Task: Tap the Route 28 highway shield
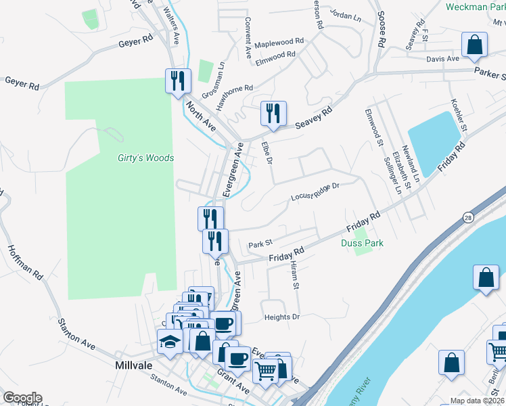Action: point(468,217)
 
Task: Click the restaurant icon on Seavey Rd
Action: point(274,114)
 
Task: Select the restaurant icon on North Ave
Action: point(178,81)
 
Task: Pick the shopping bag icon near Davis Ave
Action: point(475,45)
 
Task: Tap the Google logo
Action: point(22,398)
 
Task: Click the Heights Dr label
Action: point(282,317)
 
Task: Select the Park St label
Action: point(260,244)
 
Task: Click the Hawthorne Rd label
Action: point(234,97)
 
